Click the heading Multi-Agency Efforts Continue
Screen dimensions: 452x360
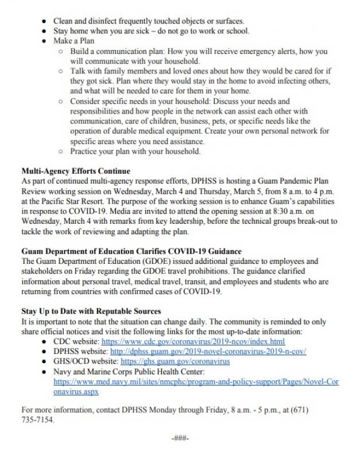pyautogui.click(x=75, y=171)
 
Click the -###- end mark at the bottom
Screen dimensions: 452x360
pyautogui.click(x=180, y=439)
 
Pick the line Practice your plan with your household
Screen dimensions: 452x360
pyautogui.click(x=135, y=152)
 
